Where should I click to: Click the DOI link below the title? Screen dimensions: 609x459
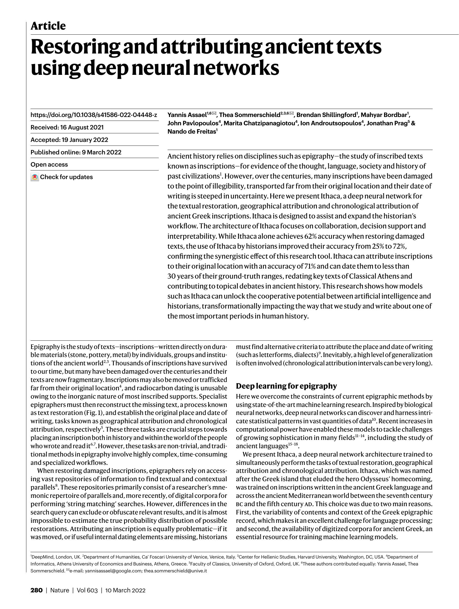[x=94, y=115]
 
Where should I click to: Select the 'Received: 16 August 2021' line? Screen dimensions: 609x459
[x=67, y=128]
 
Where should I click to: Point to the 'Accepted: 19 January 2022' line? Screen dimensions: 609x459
[x=69, y=140]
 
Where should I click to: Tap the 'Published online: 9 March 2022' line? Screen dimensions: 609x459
[x=76, y=152]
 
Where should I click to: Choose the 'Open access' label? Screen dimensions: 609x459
[x=49, y=165]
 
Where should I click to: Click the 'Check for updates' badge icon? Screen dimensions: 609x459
[x=34, y=177]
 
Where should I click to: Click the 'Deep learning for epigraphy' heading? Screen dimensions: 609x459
[x=286, y=386]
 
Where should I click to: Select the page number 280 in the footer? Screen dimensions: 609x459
[x=36, y=590]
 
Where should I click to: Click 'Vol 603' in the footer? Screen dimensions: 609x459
[x=87, y=590]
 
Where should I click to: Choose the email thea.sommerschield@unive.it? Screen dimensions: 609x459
[x=175, y=571]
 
